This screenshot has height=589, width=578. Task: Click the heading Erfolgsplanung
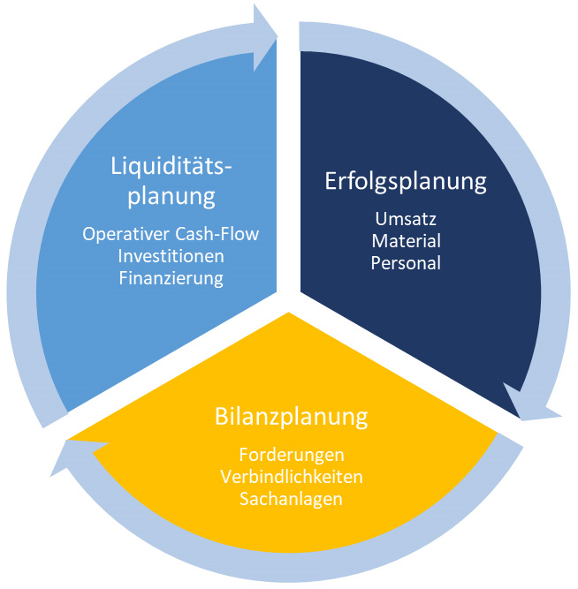tap(406, 182)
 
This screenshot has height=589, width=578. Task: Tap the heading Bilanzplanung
tap(291, 417)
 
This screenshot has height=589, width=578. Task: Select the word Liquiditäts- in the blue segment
tap(171, 166)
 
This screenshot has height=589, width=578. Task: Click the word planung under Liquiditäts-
tap(171, 196)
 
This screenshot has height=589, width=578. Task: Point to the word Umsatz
tap(406, 219)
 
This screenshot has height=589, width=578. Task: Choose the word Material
tap(407, 241)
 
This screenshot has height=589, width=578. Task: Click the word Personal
tap(406, 263)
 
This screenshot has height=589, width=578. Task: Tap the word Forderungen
tap(292, 456)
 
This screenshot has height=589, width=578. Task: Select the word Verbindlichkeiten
tap(292, 477)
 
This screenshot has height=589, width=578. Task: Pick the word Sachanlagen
tap(291, 499)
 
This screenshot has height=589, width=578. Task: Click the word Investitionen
tap(171, 256)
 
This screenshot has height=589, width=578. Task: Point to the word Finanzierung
tap(171, 278)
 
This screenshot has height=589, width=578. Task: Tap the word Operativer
tap(126, 234)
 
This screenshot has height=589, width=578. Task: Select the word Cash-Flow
tap(217, 234)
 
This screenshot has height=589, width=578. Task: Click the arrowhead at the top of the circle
tap(265, 37)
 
